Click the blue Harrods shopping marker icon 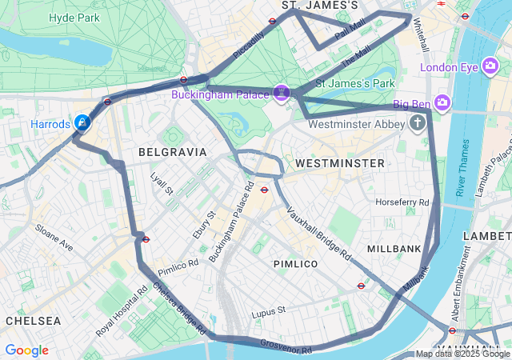tap(82, 122)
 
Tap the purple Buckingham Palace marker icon tap(281, 94)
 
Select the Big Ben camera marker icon tap(443, 103)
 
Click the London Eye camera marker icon tap(492, 66)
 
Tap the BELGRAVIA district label tap(172, 151)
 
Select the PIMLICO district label tap(295, 263)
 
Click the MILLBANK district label tap(394, 249)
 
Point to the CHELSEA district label tap(33, 320)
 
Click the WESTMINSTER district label tap(339, 162)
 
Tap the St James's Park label tap(355, 82)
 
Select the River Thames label tap(462, 167)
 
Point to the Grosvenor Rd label tap(286, 346)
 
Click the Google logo tap(26, 350)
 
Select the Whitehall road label tap(419, 36)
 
